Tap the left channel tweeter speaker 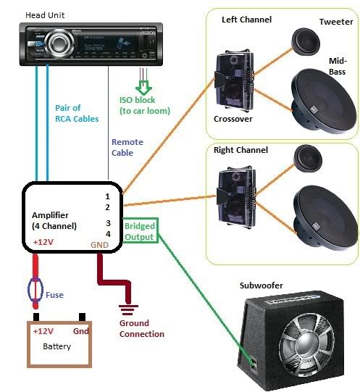(305, 42)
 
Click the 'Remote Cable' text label (127, 148)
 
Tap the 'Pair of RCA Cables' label (77, 113)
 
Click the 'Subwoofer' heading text (261, 285)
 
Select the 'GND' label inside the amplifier (99, 246)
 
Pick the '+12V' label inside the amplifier (43, 243)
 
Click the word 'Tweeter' (336, 22)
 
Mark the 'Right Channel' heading (241, 150)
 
